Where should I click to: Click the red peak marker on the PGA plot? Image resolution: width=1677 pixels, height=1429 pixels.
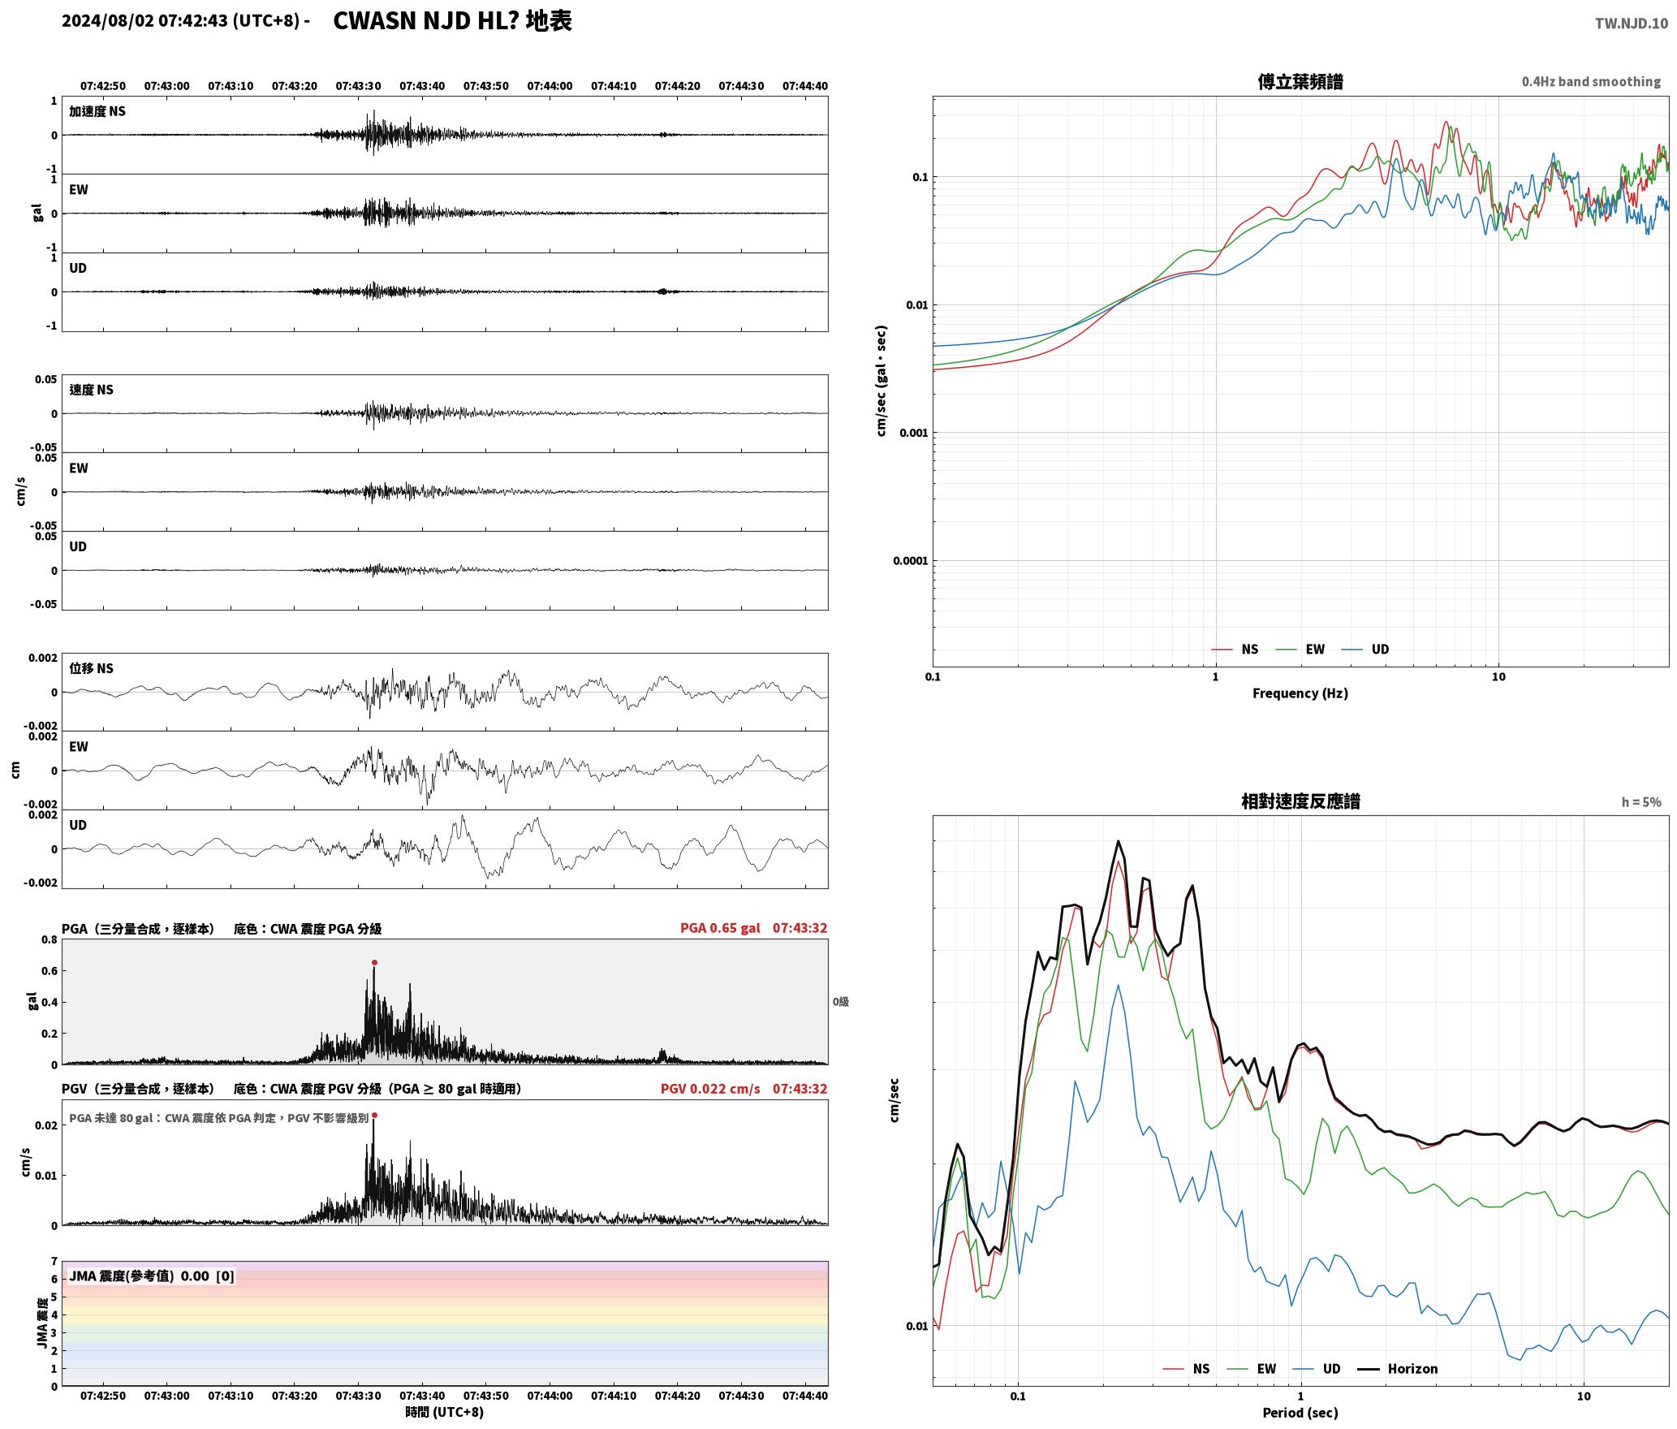pyautogui.click(x=374, y=962)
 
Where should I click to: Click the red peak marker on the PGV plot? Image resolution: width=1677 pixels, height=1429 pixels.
pyautogui.click(x=374, y=1116)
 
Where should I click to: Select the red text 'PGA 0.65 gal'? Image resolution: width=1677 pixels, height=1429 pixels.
pyautogui.click(x=720, y=928)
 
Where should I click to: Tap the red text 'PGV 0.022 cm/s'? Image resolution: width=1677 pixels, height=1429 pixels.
pyautogui.click(x=710, y=1089)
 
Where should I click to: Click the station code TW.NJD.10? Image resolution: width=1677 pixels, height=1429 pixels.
pyautogui.click(x=1632, y=24)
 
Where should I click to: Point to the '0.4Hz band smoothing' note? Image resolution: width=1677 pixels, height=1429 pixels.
pyautogui.click(x=1591, y=82)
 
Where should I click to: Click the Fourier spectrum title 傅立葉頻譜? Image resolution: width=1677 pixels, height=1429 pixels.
pyautogui.click(x=1300, y=82)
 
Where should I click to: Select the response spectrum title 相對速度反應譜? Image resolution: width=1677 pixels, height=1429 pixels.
pyautogui.click(x=1300, y=801)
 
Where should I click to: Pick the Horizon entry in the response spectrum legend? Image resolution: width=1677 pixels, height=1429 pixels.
pyautogui.click(x=1398, y=1369)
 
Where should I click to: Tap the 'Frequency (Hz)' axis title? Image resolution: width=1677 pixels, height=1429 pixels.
pyautogui.click(x=1300, y=693)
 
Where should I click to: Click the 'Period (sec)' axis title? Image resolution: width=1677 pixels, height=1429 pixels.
pyautogui.click(x=1300, y=1413)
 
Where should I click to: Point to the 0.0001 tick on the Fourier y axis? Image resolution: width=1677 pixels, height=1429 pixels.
pyautogui.click(x=909, y=561)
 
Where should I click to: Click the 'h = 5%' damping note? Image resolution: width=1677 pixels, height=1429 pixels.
pyautogui.click(x=1641, y=802)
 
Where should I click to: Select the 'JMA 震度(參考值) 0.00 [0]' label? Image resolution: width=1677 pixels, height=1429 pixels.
pyautogui.click(x=152, y=1276)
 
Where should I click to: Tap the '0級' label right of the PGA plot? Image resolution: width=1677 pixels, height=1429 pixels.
pyautogui.click(x=841, y=1002)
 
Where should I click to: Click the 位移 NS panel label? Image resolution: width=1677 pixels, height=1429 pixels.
pyautogui.click(x=91, y=669)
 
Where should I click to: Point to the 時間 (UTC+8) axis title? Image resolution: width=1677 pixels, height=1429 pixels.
pyautogui.click(x=445, y=1412)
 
